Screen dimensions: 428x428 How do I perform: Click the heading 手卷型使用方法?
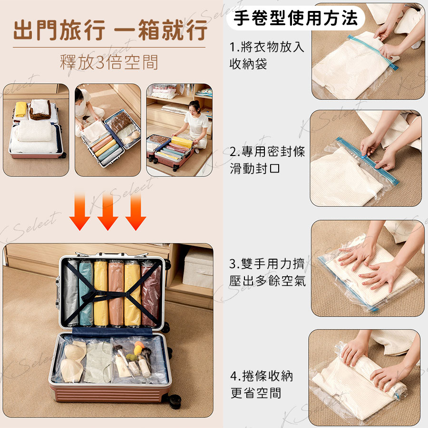pyautogui.click(x=296, y=18)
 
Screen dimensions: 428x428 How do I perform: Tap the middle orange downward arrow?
pyautogui.click(x=107, y=212)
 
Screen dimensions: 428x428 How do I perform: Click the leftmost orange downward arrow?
pyautogui.click(x=80, y=212)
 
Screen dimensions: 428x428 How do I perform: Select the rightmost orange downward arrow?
pyautogui.click(x=136, y=212)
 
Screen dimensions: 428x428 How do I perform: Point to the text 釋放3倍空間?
pyautogui.click(x=109, y=62)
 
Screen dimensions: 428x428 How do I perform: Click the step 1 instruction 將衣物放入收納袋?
pyautogui.click(x=266, y=56)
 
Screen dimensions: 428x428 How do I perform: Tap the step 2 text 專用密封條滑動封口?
pyautogui.click(x=267, y=160)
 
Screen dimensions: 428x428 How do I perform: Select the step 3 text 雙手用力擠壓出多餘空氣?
pyautogui.click(x=267, y=272)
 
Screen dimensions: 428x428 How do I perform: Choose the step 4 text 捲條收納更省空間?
pyautogui.click(x=261, y=384)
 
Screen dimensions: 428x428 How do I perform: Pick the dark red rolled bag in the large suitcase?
pyautogui.click(x=150, y=294)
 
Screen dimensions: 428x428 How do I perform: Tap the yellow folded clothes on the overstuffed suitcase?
pyautogui.click(x=21, y=109)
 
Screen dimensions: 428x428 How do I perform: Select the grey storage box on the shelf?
pyautogui.click(x=198, y=269)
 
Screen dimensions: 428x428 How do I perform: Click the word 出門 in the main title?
pyautogui.click(x=36, y=30)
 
